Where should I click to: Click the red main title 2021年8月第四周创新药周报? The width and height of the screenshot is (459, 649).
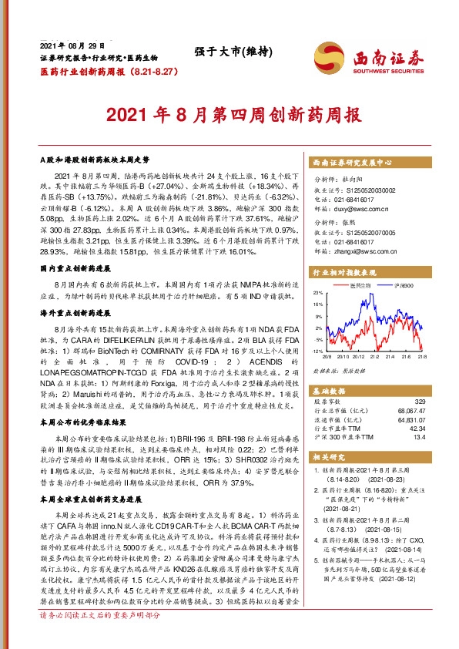pos(229,116)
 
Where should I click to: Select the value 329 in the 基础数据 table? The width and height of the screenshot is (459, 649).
pos(419,402)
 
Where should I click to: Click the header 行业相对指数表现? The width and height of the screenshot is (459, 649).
pos(344,273)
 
